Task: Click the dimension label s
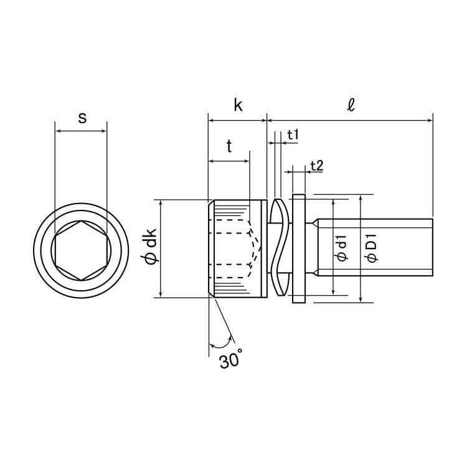click(82, 118)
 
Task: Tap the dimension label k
click(238, 105)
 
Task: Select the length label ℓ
click(351, 105)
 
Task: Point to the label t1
click(293, 135)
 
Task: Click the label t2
click(316, 166)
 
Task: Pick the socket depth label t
click(229, 146)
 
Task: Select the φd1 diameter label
click(342, 248)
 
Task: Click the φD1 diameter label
click(372, 248)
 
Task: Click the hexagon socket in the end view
click(81, 250)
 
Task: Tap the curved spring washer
click(280, 247)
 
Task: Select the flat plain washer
click(299, 248)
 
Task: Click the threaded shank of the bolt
click(373, 247)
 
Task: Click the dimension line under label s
click(81, 131)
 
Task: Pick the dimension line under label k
click(237, 120)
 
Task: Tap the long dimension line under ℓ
click(350, 120)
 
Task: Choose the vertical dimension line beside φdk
click(161, 248)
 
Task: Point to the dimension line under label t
click(229, 161)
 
